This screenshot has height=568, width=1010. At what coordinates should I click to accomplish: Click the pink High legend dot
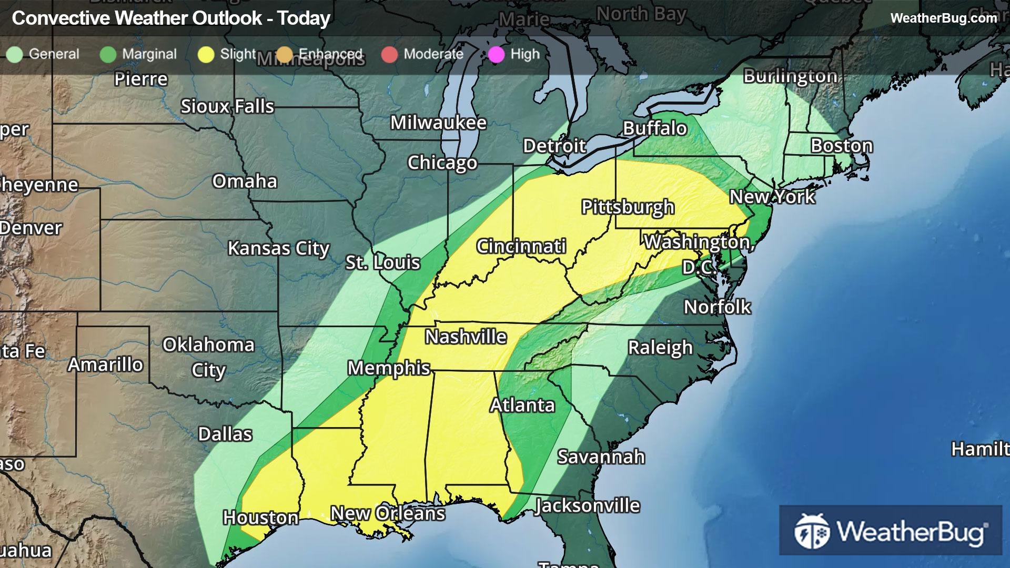(x=496, y=54)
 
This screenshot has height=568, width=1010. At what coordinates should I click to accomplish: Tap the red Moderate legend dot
(x=389, y=54)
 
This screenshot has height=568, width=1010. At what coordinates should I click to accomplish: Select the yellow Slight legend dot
(x=206, y=54)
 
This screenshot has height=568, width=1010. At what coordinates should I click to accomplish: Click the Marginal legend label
(x=149, y=54)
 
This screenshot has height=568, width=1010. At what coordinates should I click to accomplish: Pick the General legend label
(x=54, y=54)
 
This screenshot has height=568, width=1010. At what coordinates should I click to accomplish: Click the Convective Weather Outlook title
(x=171, y=18)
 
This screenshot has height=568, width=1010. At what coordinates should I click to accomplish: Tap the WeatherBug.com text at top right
(x=943, y=18)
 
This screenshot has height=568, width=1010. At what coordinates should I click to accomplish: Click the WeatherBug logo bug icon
(x=812, y=531)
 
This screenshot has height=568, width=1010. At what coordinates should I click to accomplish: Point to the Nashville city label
(x=466, y=337)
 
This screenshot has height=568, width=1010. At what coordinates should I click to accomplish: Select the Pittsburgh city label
(x=628, y=207)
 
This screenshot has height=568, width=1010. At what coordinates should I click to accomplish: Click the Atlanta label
(x=522, y=405)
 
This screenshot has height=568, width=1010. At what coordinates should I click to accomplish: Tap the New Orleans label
(x=388, y=513)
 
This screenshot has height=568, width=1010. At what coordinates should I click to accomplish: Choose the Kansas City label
(x=278, y=248)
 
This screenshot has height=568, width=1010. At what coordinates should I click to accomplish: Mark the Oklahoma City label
(x=208, y=357)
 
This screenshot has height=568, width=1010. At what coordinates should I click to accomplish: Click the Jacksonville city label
(x=588, y=505)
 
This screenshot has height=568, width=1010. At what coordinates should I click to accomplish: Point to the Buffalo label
(x=655, y=128)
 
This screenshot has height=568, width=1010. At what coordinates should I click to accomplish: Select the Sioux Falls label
(x=227, y=106)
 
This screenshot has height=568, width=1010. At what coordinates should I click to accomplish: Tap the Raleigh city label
(x=660, y=348)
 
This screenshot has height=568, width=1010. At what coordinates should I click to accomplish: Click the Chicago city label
(x=442, y=163)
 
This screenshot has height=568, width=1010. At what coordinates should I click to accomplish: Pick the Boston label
(x=842, y=146)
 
